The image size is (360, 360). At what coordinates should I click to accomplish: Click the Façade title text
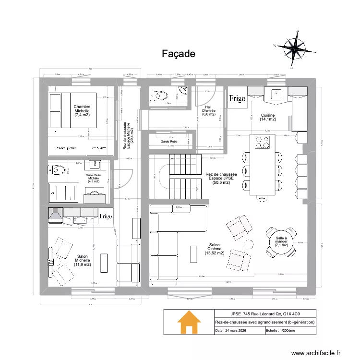pos(178,54)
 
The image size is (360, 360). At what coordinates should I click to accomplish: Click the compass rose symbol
pos(296,47)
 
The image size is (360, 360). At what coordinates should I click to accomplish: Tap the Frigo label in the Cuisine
pos(237,99)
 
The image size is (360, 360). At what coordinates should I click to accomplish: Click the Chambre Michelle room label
pos(82,111)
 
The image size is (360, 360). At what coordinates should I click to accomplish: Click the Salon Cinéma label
pos(214,250)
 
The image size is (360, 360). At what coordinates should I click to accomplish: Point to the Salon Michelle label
pos(82,260)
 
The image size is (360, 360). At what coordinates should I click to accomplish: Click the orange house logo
pos(189,322)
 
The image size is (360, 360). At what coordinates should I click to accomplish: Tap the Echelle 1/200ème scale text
pos(283,331)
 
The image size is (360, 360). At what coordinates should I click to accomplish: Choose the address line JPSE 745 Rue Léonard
pos(264,313)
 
